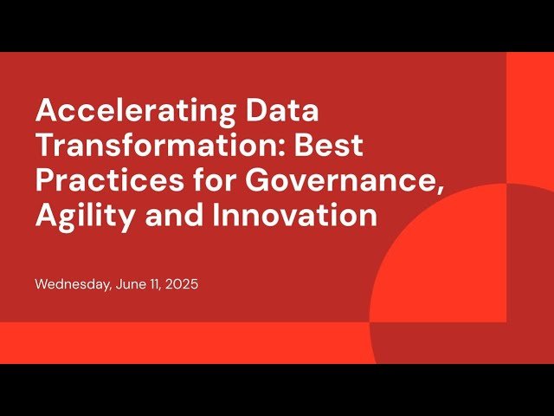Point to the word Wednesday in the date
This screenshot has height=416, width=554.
pos(72,284)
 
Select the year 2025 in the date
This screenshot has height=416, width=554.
pos(184,284)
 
